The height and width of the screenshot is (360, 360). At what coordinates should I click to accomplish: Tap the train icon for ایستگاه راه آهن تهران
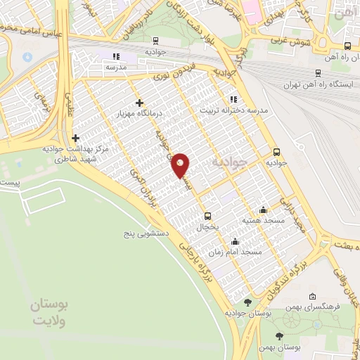coord(319,72)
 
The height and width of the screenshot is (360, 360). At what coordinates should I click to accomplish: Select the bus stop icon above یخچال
coord(207,216)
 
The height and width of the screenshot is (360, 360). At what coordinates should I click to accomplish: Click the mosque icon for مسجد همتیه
coord(263,209)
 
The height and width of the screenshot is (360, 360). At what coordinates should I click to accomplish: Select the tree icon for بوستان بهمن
coord(279,336)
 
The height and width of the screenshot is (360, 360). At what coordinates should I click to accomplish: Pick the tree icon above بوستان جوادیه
coord(247,302)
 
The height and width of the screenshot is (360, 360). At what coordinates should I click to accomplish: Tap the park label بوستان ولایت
coord(49,314)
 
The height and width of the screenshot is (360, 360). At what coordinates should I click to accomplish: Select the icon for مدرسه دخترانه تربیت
coord(232,99)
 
